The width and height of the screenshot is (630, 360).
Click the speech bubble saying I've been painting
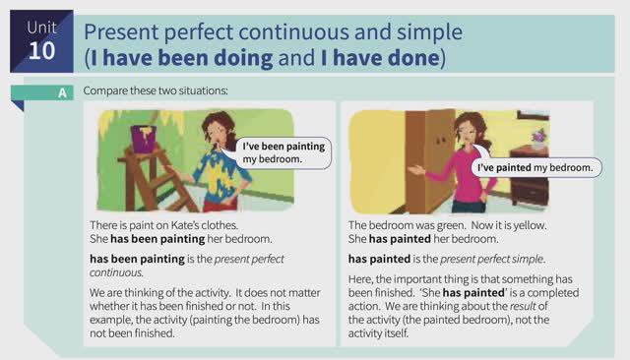point(284,151)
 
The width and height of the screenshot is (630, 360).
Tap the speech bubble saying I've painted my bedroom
point(534,167)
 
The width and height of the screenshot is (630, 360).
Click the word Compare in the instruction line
point(105,91)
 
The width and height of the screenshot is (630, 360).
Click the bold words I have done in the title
point(382,58)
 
